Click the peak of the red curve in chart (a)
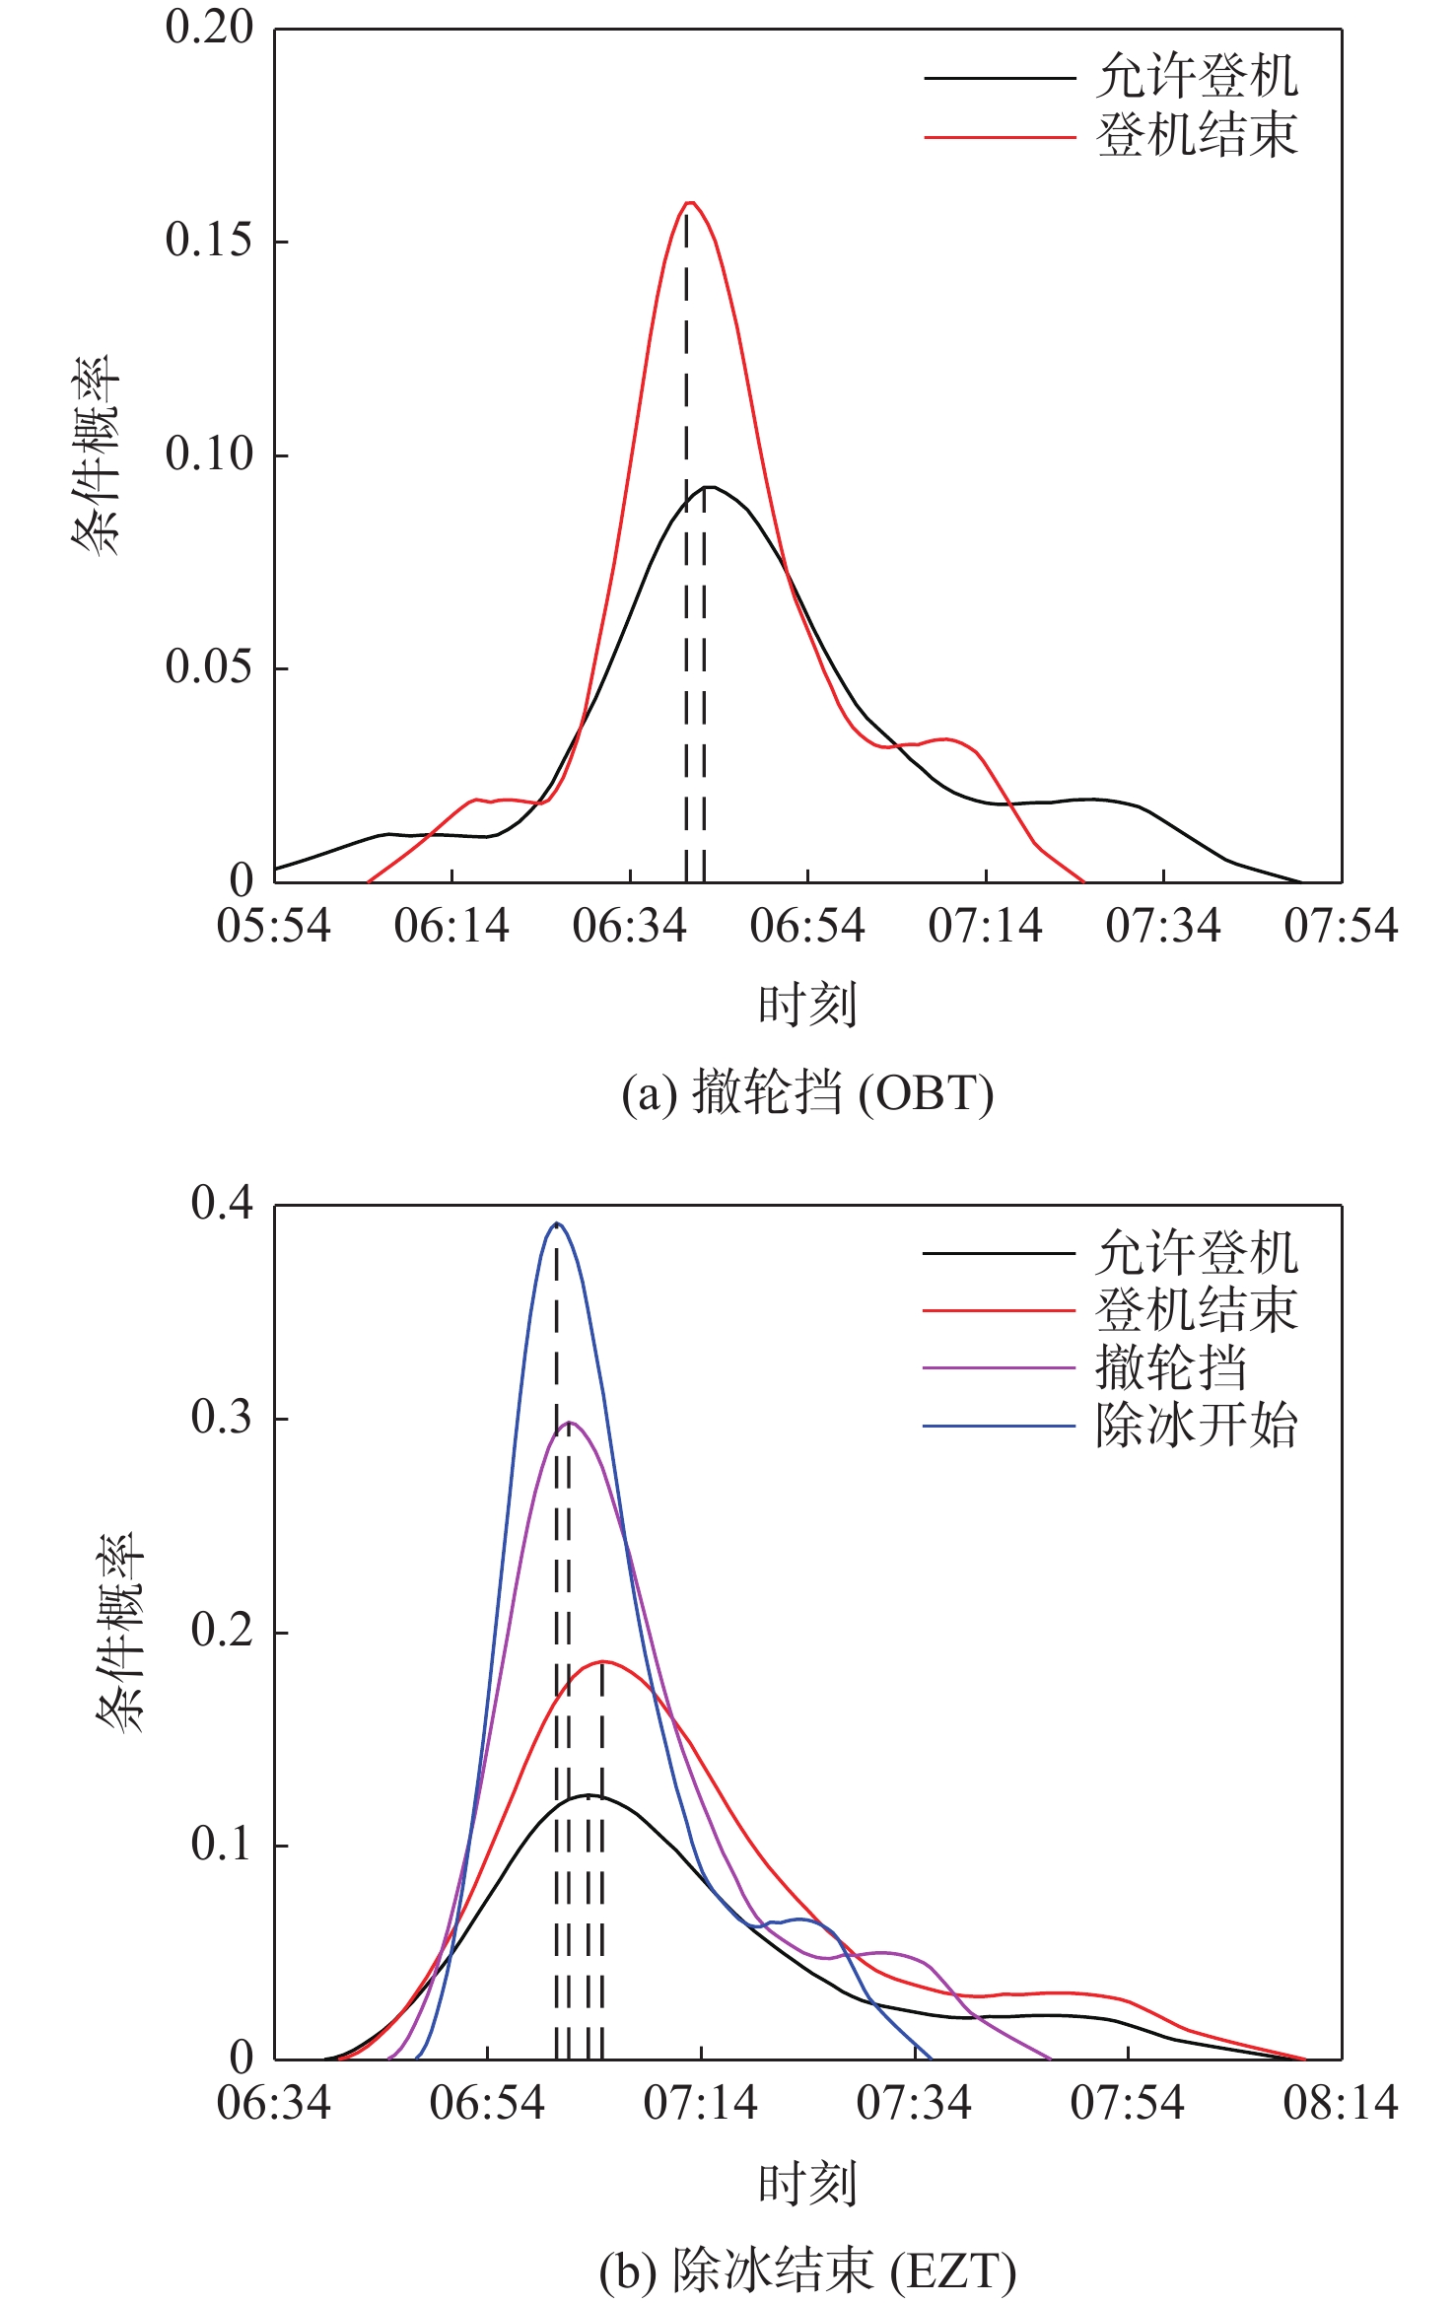690,203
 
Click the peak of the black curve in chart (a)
708,487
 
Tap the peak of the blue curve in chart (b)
557,1223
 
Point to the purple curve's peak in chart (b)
570,1423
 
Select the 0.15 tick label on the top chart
209,240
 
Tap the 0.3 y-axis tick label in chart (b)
222,1417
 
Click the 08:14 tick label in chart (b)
1341,2104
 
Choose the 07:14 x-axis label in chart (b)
700,2104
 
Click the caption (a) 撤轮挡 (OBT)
807,1093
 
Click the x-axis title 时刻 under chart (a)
807,1006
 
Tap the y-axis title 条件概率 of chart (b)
120,1632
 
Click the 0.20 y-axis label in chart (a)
209,27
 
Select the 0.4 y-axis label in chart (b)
222,1203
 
